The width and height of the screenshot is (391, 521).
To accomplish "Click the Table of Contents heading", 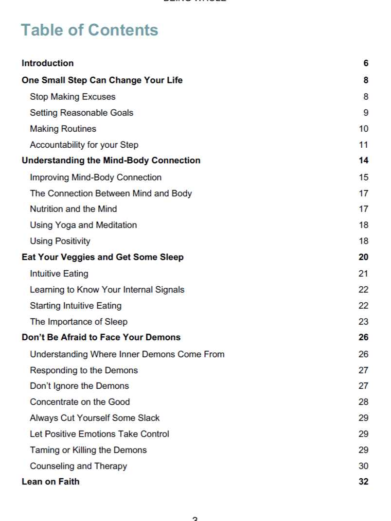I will pyautogui.click(x=89, y=30).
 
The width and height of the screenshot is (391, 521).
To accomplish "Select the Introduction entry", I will pyautogui.click(x=48, y=63).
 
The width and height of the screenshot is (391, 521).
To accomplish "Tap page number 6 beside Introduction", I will pyautogui.click(x=366, y=63).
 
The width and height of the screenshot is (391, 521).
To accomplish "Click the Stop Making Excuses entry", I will pyautogui.click(x=72, y=97).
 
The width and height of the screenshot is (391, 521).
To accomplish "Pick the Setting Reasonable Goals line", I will pyautogui.click(x=81, y=113).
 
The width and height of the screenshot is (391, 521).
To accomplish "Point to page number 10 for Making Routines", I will pyautogui.click(x=363, y=129).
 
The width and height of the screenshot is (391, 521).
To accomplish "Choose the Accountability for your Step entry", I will pyautogui.click(x=84, y=145).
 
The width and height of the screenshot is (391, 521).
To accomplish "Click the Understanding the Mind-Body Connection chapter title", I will pyautogui.click(x=111, y=160).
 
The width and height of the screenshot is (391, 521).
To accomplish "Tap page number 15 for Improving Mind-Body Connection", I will pyautogui.click(x=363, y=177).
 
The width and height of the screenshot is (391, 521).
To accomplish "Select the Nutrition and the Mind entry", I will pyautogui.click(x=73, y=209).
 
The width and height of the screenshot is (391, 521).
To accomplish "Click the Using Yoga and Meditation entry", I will pyautogui.click(x=83, y=225).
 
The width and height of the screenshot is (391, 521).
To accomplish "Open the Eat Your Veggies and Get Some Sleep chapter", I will pyautogui.click(x=103, y=257).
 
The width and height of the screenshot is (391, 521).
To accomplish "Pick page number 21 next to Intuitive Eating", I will pyautogui.click(x=363, y=274).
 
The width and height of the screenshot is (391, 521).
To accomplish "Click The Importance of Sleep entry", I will pyautogui.click(x=78, y=322).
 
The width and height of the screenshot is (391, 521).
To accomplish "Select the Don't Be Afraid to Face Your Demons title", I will pyautogui.click(x=101, y=337).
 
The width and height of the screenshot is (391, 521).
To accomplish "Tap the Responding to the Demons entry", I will pyautogui.click(x=84, y=370).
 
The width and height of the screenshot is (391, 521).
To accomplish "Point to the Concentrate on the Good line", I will pyautogui.click(x=80, y=402).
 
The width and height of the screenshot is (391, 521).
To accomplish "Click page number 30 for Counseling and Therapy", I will pyautogui.click(x=363, y=466).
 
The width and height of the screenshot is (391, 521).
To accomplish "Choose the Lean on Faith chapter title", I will pyautogui.click(x=51, y=482).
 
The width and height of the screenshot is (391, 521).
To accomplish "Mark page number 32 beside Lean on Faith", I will pyautogui.click(x=363, y=482).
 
